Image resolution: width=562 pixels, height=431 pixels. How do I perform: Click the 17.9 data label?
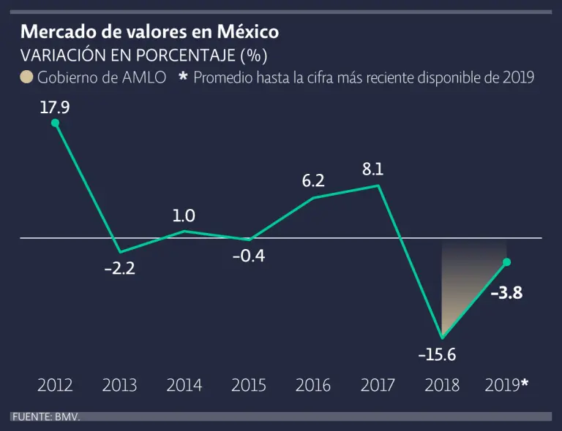tap(55, 107)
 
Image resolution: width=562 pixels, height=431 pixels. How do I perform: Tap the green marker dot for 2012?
tap(55, 123)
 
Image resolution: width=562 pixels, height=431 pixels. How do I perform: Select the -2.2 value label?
tap(120, 268)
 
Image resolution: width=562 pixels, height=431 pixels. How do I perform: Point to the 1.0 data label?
tap(184, 215)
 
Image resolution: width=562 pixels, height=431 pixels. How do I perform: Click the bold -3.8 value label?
tap(506, 294)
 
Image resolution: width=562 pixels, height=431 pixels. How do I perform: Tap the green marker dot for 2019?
tap(506, 262)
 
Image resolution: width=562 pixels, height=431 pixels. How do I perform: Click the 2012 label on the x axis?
tap(55, 385)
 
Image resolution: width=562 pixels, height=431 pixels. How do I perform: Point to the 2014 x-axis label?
tap(184, 385)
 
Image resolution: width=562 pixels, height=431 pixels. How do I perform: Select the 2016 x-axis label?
tap(313, 385)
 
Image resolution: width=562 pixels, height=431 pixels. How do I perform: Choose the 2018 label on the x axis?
tap(442, 385)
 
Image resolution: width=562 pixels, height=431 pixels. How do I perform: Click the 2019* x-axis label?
tap(506, 385)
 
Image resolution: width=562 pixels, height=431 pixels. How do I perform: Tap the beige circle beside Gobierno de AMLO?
tap(26, 77)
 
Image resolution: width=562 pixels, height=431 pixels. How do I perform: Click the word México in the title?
tap(247, 32)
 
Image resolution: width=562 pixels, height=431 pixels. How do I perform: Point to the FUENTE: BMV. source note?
tap(45, 416)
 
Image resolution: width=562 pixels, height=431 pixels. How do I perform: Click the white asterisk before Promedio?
tap(184, 77)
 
